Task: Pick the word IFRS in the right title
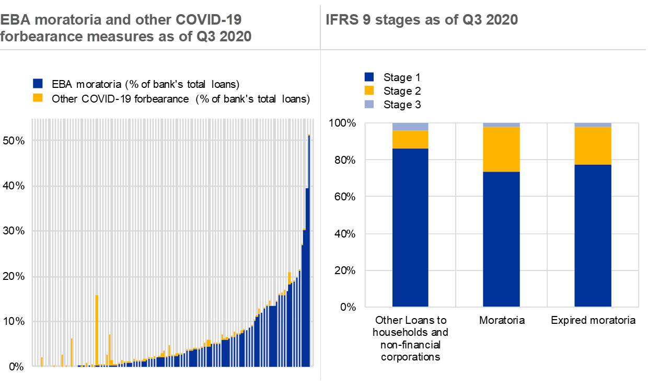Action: click(x=340, y=20)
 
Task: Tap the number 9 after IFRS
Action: click(x=364, y=20)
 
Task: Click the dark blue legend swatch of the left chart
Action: click(x=38, y=83)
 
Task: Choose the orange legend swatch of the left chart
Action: click(x=38, y=97)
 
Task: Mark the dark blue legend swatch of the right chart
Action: click(x=369, y=77)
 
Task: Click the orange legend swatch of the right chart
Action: click(x=369, y=91)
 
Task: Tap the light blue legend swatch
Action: click(x=369, y=104)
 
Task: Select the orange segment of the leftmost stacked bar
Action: click(x=410, y=139)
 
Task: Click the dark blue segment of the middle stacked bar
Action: click(x=501, y=239)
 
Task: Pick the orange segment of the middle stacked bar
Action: click(x=501, y=149)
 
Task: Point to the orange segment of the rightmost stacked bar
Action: click(x=593, y=145)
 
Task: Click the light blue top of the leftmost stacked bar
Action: click(x=410, y=127)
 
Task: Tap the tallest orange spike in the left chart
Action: click(x=97, y=330)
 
